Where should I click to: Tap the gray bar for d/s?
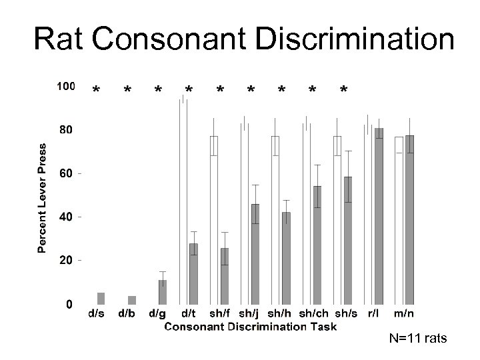tap(101, 298)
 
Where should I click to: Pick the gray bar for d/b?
tap(132, 299)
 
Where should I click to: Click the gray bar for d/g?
tap(163, 291)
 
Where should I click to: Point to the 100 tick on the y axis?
tap(65, 86)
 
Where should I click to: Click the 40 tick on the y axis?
tap(65, 217)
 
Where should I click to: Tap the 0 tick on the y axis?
tap(69, 304)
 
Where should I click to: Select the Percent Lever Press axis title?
tap(42, 197)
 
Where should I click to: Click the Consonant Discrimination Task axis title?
tap(250, 326)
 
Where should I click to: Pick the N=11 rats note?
tap(419, 340)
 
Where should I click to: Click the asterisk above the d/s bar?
tap(97, 90)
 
